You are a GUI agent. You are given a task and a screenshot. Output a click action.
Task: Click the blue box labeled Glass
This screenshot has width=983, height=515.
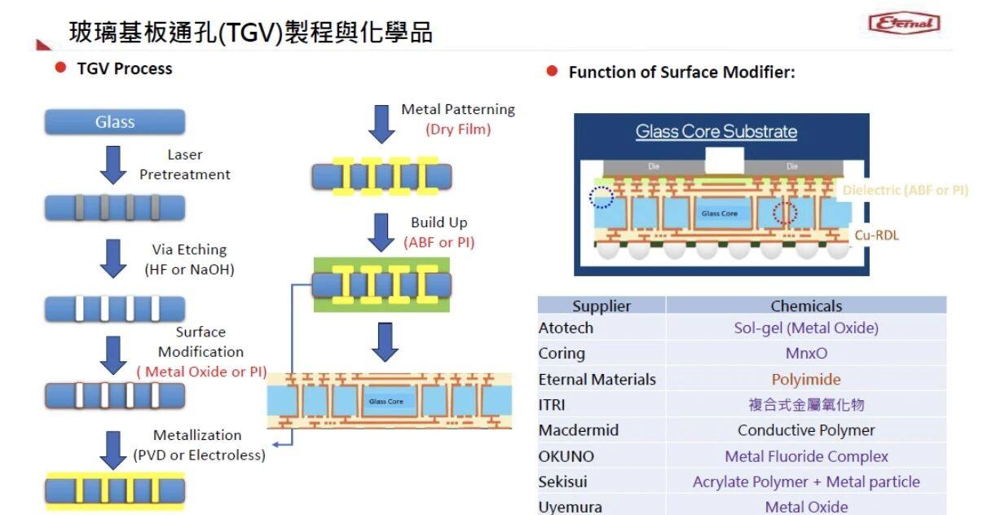[115, 122]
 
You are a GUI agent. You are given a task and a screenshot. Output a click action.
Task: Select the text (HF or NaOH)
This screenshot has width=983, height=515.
[189, 270]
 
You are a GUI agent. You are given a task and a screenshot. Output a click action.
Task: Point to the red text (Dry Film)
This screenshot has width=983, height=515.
[458, 129]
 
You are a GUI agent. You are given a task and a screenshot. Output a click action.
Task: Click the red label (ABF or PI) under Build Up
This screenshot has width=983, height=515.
[439, 242]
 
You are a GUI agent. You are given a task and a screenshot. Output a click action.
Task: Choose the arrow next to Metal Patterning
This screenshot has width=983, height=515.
[381, 123]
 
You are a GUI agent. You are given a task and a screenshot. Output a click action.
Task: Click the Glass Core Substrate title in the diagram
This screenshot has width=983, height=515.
[716, 131]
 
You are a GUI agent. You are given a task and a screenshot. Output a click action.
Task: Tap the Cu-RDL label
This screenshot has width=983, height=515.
[877, 235]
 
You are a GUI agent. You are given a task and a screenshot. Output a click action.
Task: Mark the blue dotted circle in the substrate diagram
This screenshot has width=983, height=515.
[601, 196]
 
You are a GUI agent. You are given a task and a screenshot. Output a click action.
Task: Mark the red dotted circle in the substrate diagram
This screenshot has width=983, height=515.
[784, 213]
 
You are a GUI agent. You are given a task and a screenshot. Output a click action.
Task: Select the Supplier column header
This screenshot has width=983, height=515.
[602, 306]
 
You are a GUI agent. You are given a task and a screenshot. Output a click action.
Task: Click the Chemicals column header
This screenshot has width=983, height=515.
[806, 306]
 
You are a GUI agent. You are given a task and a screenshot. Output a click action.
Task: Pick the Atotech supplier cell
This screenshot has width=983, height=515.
[566, 328]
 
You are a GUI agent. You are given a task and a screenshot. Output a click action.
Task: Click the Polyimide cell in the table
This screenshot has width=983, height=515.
[806, 380]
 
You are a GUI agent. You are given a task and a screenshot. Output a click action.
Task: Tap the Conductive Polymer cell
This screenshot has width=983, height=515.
[806, 430]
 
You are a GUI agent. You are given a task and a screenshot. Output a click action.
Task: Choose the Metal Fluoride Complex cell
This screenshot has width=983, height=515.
[806, 456]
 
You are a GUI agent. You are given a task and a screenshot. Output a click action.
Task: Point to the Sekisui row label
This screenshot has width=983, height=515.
[562, 482]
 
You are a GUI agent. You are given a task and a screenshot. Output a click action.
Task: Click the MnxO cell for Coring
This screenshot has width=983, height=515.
[806, 354]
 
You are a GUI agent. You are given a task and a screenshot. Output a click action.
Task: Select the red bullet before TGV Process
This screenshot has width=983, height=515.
[60, 68]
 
